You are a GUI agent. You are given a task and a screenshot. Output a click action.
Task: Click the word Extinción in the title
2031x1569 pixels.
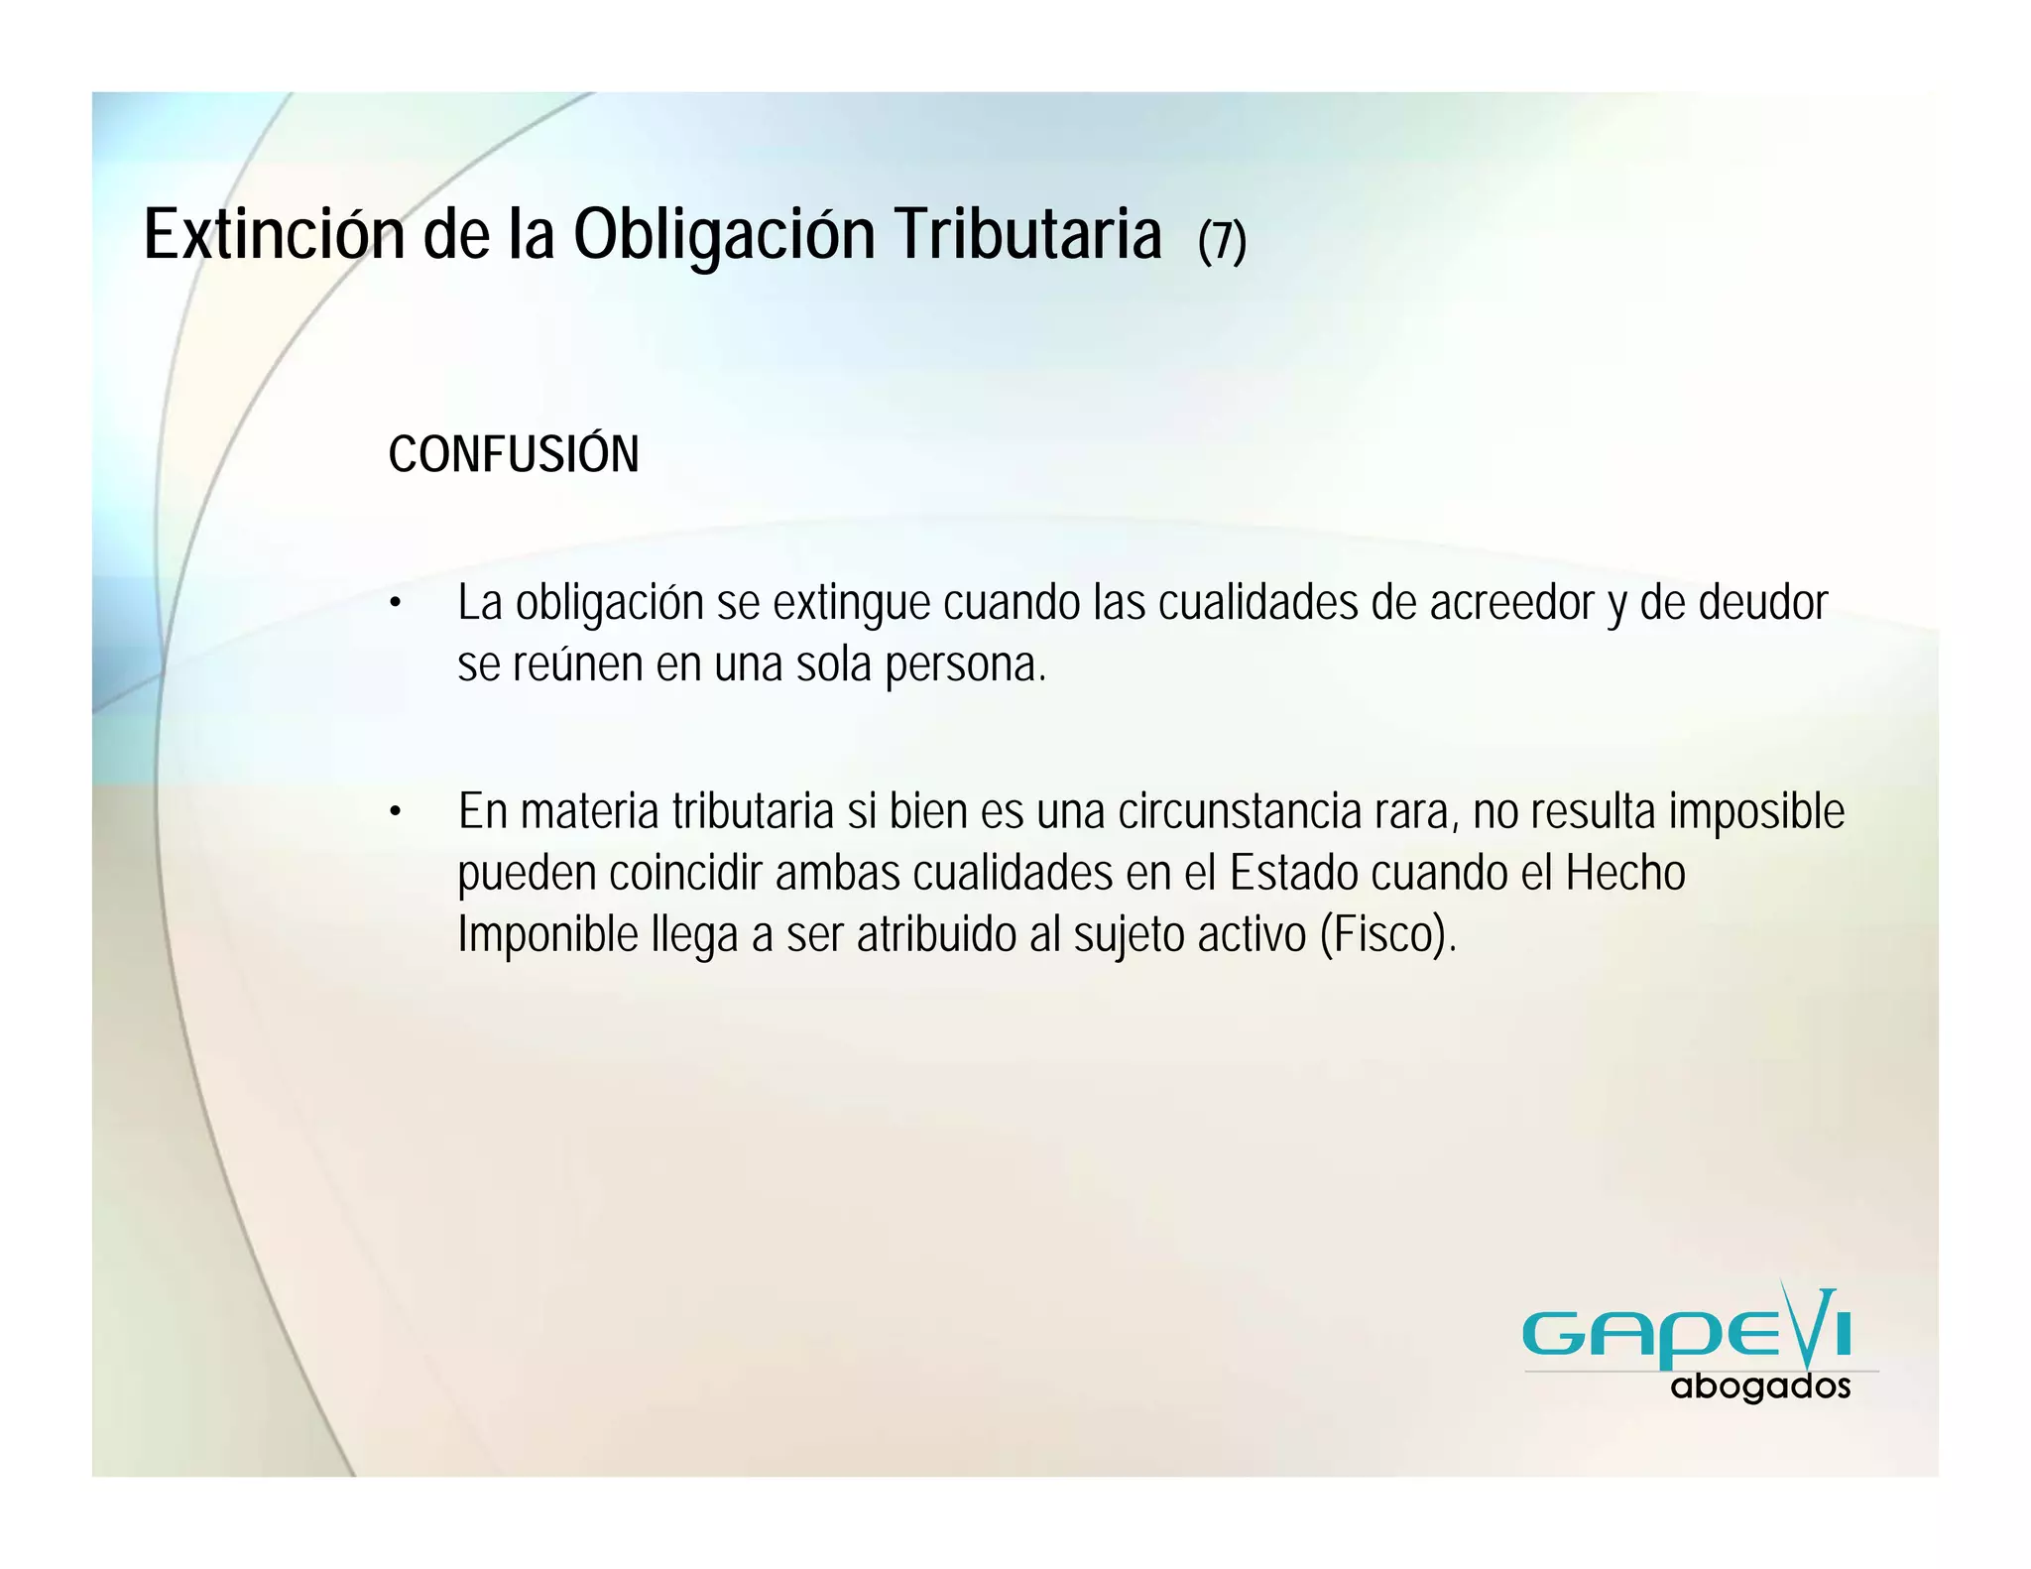[x=274, y=235]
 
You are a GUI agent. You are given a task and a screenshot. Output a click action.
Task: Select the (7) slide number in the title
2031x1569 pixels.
[x=1221, y=241]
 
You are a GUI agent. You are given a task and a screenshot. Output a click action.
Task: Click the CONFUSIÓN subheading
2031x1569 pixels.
[x=513, y=454]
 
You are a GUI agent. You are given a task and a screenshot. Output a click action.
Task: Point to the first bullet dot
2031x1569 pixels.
[x=395, y=603]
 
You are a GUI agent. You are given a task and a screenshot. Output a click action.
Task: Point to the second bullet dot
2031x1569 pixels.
[x=395, y=812]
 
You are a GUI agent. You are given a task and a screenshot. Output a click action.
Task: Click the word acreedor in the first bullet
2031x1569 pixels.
[x=1510, y=603]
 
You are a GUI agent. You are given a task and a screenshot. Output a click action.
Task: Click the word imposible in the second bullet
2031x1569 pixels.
[x=1756, y=812]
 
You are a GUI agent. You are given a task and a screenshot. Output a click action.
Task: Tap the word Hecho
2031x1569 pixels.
[x=1625, y=874]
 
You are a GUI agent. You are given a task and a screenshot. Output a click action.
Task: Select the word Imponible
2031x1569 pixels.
[x=547, y=935]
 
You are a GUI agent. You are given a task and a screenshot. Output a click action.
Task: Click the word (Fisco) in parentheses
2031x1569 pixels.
[x=1387, y=935]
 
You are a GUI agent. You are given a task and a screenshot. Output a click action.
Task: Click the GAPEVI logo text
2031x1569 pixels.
[x=1686, y=1332]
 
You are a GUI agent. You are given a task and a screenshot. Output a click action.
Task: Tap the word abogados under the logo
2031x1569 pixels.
[x=1760, y=1387]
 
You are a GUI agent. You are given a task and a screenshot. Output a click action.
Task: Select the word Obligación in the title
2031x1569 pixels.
[x=724, y=237]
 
